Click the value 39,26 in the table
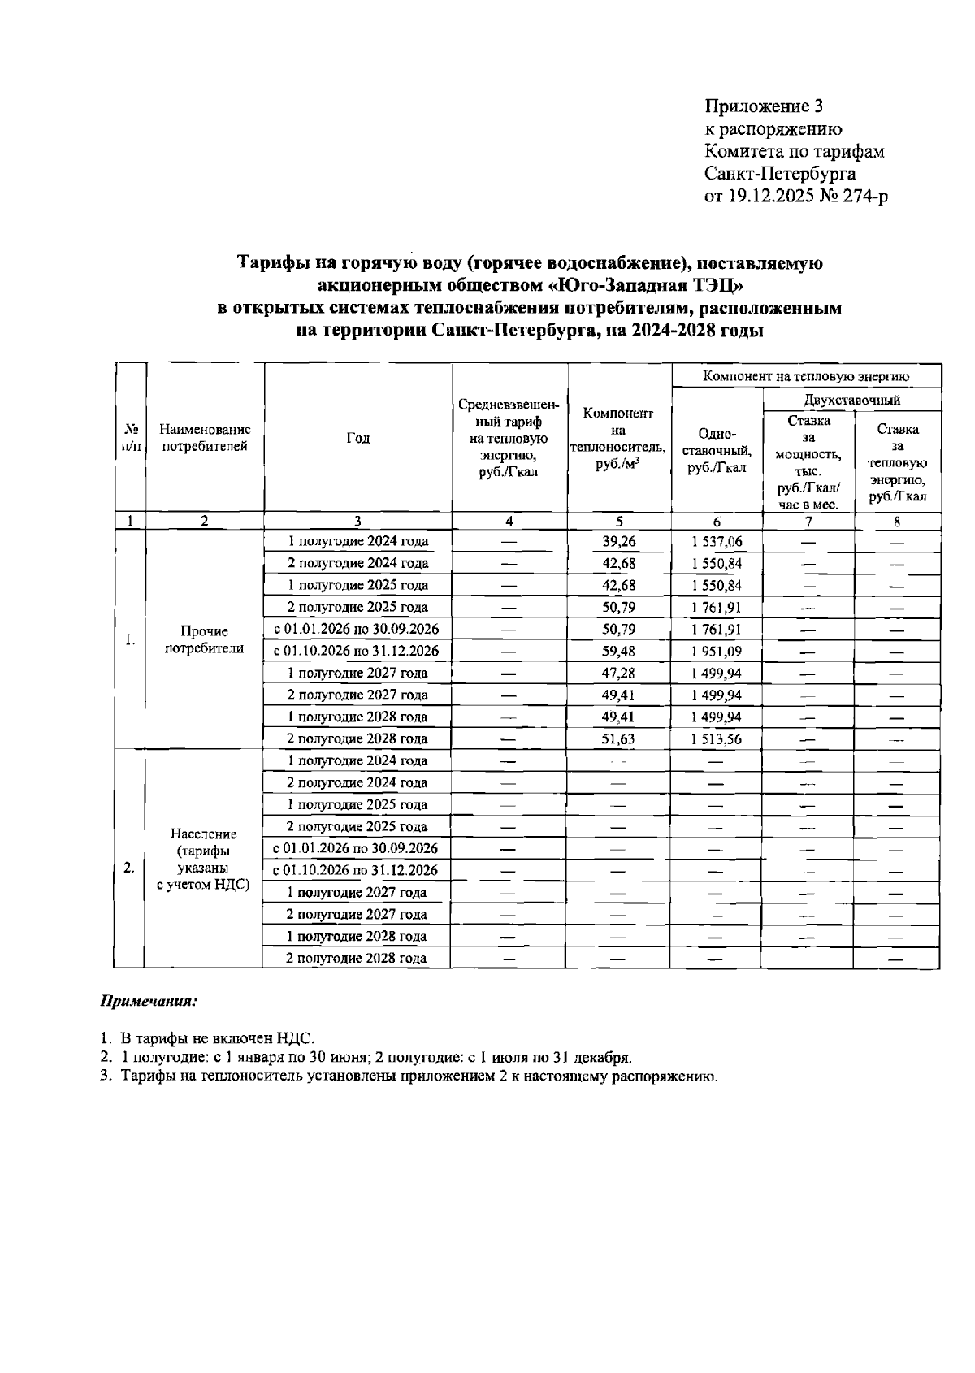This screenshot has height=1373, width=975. coord(619,541)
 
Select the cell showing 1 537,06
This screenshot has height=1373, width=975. coord(716,541)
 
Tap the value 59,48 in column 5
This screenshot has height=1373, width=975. coord(619,651)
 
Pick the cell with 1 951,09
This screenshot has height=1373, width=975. coord(716,651)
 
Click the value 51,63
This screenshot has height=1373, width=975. coord(619,738)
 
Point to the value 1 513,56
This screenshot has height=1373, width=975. coord(716,738)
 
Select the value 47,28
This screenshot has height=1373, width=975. coord(619,673)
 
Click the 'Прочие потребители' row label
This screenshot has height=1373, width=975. coord(204,639)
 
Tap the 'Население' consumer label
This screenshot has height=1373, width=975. coord(204,834)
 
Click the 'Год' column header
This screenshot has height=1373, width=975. coord(357,438)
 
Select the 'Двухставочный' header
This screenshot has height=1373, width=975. coord(851,400)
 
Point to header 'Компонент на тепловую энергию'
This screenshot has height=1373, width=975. coord(806,376)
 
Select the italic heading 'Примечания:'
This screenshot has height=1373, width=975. coord(149,1001)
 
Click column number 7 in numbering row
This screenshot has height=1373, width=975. coord(808,522)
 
